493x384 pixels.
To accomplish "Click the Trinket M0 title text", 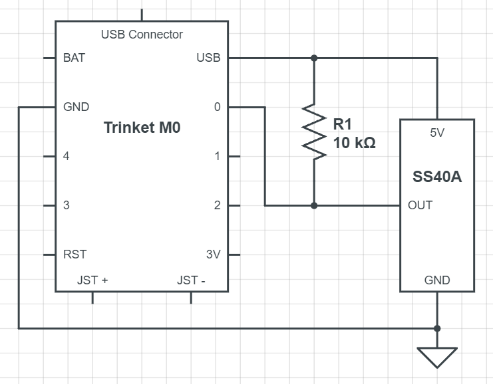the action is (142, 128).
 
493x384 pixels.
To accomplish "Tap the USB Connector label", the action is (142, 35).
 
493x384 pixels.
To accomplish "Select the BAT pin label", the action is (75, 58).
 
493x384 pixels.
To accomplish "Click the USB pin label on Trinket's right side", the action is (208, 58).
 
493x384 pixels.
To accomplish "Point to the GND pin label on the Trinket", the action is (76, 107).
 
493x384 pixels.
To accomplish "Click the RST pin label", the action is (75, 254).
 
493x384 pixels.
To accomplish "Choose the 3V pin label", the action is (214, 254).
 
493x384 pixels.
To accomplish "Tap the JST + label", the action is (92, 280).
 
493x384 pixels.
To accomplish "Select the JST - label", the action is (191, 280).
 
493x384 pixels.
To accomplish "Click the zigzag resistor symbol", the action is (314, 132).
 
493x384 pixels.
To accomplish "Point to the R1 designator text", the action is (343, 124).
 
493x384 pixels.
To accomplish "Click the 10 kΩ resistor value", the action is (355, 143).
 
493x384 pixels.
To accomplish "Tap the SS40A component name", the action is (437, 177).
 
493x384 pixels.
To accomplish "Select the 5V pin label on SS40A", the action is (437, 133).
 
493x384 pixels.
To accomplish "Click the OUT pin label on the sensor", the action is (420, 205).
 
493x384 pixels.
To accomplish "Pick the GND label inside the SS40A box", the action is (437, 280).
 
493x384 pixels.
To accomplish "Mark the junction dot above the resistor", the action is (314, 58).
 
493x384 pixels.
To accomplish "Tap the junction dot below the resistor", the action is (314, 206).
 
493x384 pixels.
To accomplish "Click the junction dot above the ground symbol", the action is (437, 328).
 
